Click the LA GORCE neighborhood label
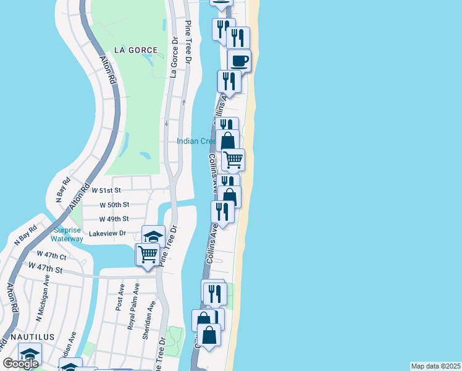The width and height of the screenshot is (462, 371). [x=135, y=49]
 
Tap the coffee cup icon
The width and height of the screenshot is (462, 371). [x=239, y=61]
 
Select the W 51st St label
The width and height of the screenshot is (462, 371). [x=114, y=190]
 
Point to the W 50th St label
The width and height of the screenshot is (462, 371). [x=114, y=205]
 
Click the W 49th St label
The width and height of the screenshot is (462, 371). [x=114, y=219]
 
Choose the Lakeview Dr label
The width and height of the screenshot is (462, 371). [x=107, y=233]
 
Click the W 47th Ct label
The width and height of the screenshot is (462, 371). [x=51, y=255]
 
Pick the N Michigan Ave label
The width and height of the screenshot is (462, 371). [x=43, y=306]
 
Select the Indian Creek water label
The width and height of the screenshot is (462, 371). [x=196, y=141]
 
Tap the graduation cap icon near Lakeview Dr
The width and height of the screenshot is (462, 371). [x=153, y=236]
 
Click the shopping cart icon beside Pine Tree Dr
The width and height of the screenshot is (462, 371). [x=148, y=254]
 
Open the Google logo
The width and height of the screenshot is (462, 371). [x=21, y=364]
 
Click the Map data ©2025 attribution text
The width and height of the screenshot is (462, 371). [x=435, y=366]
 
